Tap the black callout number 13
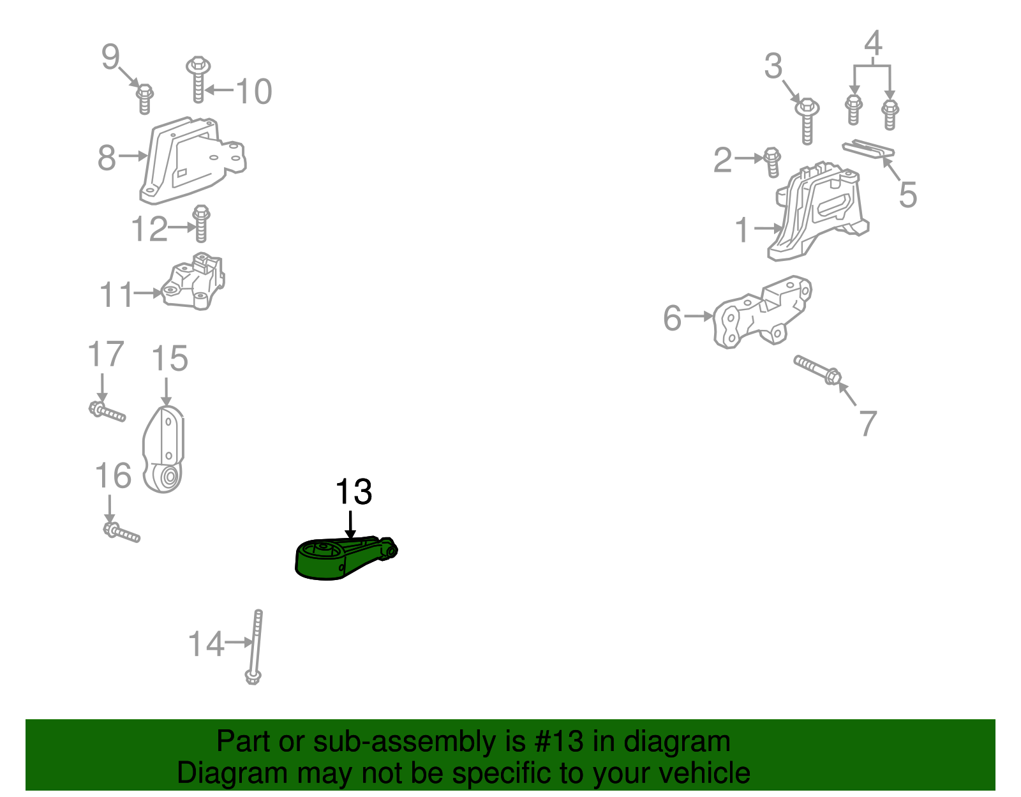(x=354, y=492)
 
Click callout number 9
(x=110, y=57)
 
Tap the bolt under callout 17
(x=107, y=412)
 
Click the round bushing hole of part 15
(x=169, y=477)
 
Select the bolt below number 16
(x=121, y=532)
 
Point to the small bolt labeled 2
(x=772, y=162)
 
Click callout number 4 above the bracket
(x=873, y=43)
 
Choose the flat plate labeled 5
(x=868, y=150)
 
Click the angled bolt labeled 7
(x=817, y=370)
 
